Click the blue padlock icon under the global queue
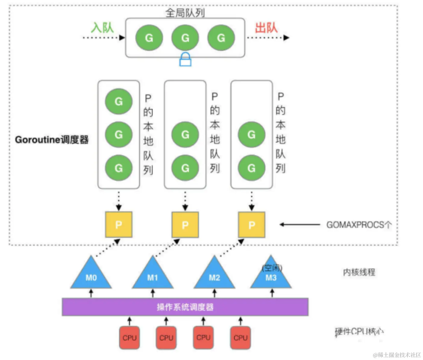[x=185, y=60]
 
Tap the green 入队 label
[x=102, y=28]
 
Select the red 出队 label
[x=266, y=28]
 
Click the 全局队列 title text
[x=185, y=13]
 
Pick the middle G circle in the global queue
[x=185, y=38]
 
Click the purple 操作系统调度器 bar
[x=185, y=307]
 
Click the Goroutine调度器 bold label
[x=52, y=140]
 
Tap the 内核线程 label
[x=359, y=272]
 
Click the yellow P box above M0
[x=119, y=225]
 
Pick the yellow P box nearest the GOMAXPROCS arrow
[x=252, y=225]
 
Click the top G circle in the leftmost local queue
[x=119, y=101]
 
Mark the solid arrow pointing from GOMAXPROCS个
[x=300, y=225]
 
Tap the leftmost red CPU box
[x=130, y=338]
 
